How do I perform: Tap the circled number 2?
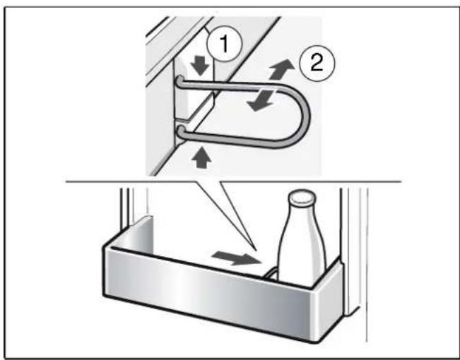click(x=317, y=64)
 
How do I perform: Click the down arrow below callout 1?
click(x=201, y=66)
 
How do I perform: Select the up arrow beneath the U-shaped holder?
click(x=201, y=159)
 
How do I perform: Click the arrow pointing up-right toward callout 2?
click(x=282, y=69)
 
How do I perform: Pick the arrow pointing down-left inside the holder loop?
click(x=261, y=100)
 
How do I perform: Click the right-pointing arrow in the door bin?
click(x=237, y=258)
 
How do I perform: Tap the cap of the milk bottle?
click(x=302, y=198)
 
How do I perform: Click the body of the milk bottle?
click(x=302, y=252)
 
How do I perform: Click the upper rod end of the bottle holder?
click(x=179, y=80)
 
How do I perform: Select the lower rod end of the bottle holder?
click(x=180, y=131)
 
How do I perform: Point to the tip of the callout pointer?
click(x=256, y=251)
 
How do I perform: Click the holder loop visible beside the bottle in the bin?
click(x=270, y=272)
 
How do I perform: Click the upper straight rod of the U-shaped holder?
click(x=232, y=85)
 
